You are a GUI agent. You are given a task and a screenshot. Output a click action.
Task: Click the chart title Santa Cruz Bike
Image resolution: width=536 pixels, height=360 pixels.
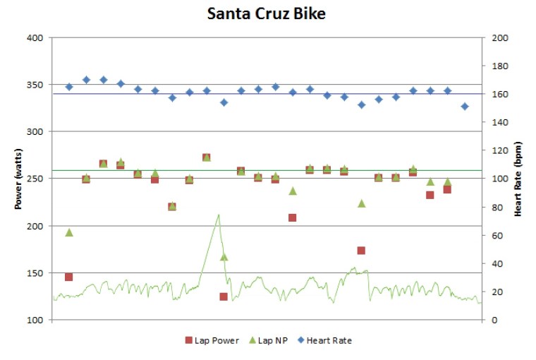point(267,14)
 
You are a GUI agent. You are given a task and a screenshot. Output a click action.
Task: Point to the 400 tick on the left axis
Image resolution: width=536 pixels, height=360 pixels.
point(36,37)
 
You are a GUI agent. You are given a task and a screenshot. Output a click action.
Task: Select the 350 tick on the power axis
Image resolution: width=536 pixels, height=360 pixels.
point(36,85)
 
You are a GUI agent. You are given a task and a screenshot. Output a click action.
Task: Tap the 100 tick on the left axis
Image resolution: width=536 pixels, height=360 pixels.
point(36,320)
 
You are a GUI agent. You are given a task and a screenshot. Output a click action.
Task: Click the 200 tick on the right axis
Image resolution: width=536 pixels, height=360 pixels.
point(499,37)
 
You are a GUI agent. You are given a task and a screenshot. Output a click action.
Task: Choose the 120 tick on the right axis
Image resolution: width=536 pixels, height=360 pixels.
point(499,150)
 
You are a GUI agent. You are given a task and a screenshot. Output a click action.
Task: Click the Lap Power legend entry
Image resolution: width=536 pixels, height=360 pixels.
point(209,340)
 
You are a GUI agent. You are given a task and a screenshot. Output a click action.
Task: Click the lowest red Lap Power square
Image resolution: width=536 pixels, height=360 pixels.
point(224,296)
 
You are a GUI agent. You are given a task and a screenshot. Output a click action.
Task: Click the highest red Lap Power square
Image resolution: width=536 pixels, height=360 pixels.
point(207,157)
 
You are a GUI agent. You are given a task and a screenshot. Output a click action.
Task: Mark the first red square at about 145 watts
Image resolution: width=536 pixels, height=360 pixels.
point(69,277)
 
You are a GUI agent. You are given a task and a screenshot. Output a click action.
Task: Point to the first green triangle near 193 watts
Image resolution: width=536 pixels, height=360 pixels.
point(69,232)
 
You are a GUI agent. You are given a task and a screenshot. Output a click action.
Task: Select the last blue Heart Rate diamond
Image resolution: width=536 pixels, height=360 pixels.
point(465,106)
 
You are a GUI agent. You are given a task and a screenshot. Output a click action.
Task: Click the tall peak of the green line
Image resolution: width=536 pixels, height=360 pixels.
point(219,215)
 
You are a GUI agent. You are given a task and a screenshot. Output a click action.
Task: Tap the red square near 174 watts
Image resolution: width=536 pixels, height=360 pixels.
point(361,250)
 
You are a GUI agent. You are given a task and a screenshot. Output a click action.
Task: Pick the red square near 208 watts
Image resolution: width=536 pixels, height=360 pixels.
point(293,217)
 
